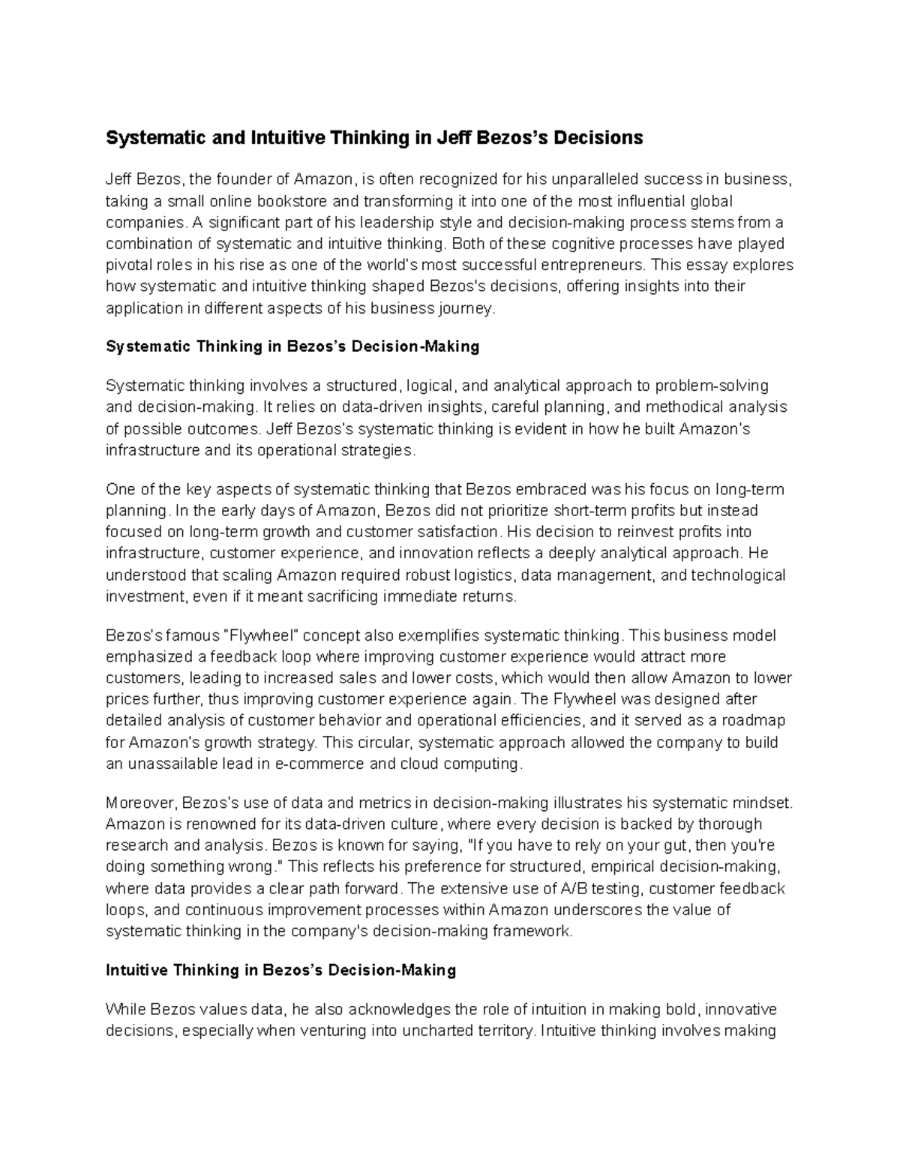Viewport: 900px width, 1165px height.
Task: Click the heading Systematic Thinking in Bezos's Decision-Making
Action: click(292, 347)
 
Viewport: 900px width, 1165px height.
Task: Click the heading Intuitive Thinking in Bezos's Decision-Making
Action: click(281, 970)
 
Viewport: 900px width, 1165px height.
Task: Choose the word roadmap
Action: click(750, 720)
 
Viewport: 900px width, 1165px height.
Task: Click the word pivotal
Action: click(127, 265)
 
